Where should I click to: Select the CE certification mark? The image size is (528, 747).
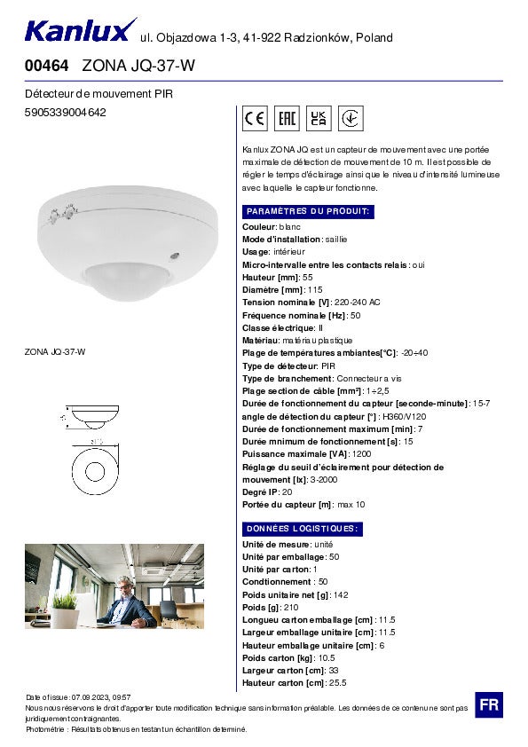click(x=256, y=119)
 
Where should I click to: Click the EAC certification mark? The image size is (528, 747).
click(x=287, y=119)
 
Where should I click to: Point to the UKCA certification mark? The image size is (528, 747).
click(x=319, y=119)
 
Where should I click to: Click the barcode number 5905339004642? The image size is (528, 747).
click(x=66, y=113)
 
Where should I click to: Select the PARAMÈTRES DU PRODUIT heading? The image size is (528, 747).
click(x=308, y=211)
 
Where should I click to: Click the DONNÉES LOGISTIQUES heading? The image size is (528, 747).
click(x=302, y=529)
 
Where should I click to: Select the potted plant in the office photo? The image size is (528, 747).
click(x=64, y=606)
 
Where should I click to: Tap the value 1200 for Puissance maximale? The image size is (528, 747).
click(x=362, y=454)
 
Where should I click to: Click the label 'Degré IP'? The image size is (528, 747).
click(x=261, y=491)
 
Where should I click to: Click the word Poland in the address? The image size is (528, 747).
click(x=374, y=37)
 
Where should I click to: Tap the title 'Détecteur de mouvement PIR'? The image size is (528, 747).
click(x=98, y=93)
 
